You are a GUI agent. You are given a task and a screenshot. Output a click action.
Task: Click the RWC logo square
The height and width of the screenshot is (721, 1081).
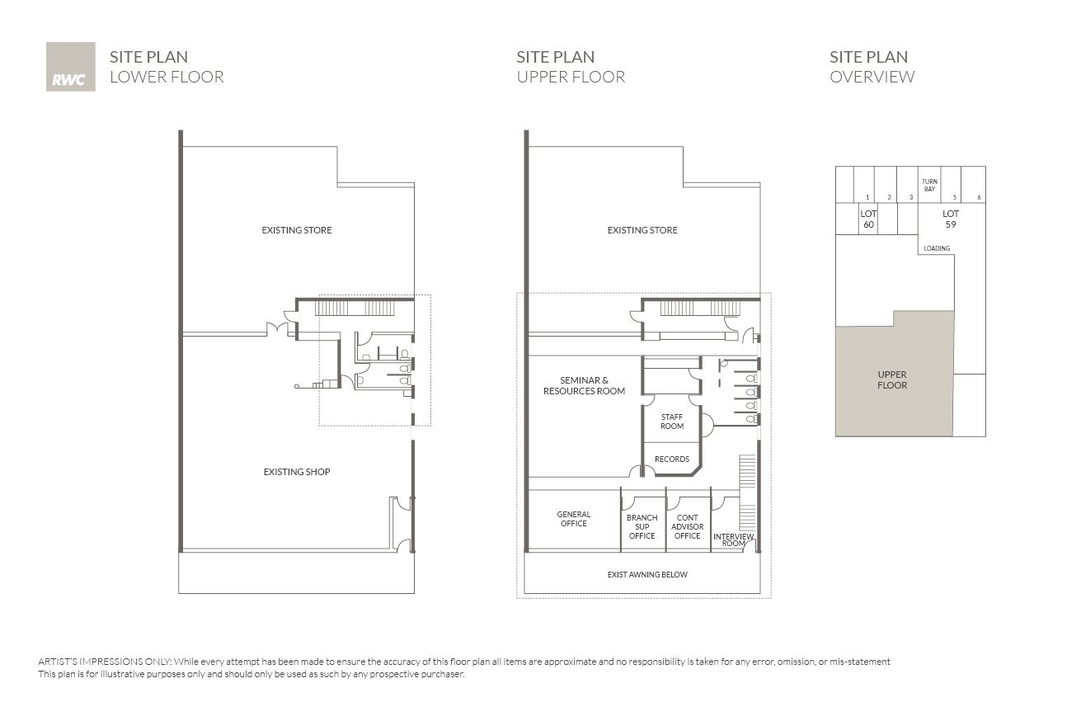[x=70, y=67]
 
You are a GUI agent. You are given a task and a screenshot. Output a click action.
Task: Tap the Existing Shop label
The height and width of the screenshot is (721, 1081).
[x=297, y=472]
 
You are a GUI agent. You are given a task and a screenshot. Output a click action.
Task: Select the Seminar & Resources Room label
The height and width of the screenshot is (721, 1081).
[x=584, y=385]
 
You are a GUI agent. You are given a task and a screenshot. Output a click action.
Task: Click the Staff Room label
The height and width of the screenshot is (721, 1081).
[x=672, y=421]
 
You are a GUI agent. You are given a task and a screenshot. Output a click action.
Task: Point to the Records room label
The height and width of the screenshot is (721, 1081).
[x=672, y=459]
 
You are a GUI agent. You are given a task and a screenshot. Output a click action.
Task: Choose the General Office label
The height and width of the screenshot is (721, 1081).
[x=573, y=519]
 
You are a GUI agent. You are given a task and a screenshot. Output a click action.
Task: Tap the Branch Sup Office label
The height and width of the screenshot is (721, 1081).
[x=642, y=526]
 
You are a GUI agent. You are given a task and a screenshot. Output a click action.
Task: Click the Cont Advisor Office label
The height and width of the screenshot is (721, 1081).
[x=687, y=526]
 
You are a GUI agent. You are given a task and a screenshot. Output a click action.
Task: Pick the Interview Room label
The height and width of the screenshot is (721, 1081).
[x=734, y=540]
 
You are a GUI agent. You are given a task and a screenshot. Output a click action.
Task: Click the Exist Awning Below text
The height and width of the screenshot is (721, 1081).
[x=647, y=574]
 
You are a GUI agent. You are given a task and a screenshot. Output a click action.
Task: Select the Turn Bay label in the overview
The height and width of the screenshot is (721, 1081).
[x=929, y=185]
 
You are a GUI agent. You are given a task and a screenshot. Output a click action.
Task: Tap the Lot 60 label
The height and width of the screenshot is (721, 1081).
[x=868, y=219]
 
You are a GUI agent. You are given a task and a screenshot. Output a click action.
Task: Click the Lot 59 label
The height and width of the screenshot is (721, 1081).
[x=951, y=219]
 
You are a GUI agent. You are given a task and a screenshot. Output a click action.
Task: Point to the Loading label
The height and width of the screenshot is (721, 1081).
[x=937, y=248]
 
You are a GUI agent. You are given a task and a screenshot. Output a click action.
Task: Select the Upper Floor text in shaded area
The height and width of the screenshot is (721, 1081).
[x=892, y=379]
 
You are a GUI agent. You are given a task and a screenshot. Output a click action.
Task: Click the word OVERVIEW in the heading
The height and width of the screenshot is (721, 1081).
[x=872, y=76]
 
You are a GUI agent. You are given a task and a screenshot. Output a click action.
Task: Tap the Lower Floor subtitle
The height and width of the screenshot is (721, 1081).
[x=167, y=76]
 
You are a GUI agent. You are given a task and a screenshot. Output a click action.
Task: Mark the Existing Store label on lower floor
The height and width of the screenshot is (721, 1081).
[x=297, y=230]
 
